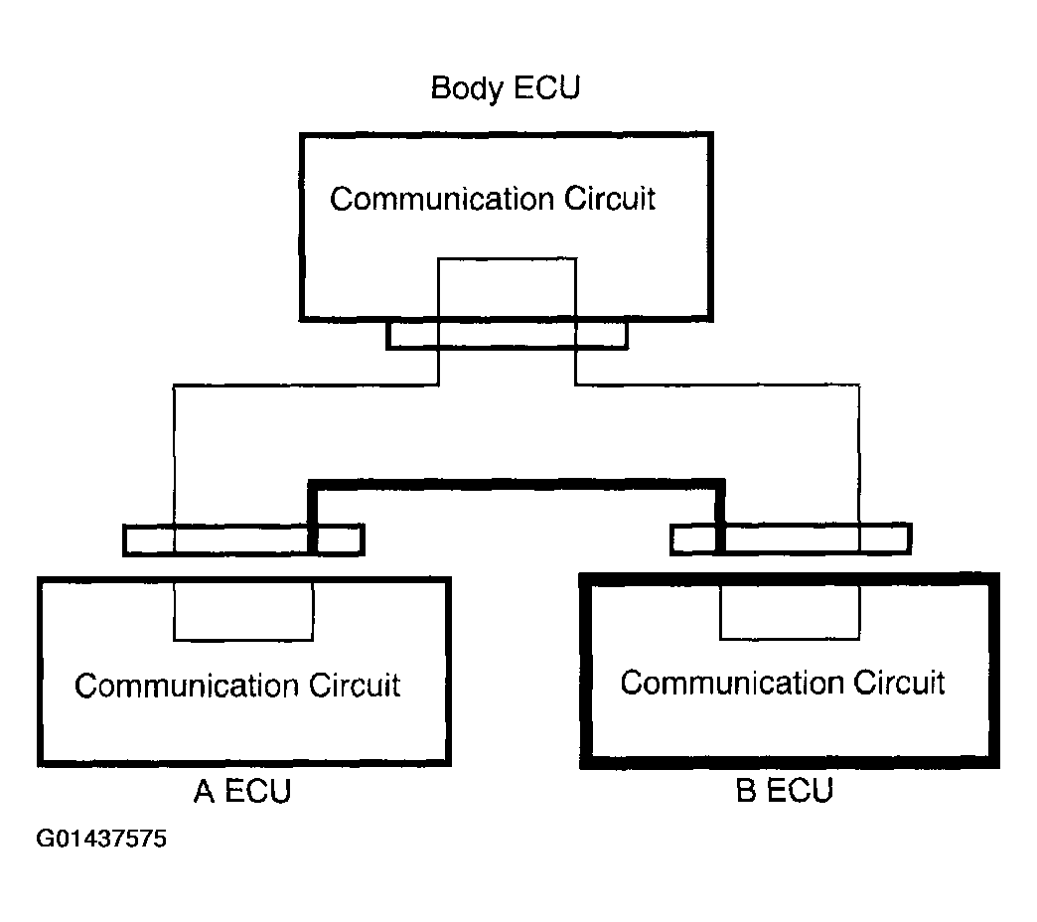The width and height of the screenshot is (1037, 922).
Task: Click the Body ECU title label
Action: pos(506,88)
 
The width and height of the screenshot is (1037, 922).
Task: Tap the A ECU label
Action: pos(242,791)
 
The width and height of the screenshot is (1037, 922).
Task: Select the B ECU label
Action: pos(785,791)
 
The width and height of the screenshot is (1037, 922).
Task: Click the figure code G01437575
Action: pos(101,839)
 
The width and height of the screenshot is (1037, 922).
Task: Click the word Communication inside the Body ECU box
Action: pos(442,199)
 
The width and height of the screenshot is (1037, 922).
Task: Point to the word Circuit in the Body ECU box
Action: pos(610,199)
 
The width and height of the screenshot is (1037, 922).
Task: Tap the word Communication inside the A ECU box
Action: pos(187,686)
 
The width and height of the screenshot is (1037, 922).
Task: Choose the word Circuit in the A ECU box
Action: pos(356,686)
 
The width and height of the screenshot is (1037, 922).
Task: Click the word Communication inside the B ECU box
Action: pos(732,683)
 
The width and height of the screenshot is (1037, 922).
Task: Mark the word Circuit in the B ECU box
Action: pos(900,683)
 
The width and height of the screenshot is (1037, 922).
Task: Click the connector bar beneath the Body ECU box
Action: pos(507,336)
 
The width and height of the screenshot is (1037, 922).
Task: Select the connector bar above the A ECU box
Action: pos(243,539)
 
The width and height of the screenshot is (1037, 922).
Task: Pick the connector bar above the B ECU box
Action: pos(791,539)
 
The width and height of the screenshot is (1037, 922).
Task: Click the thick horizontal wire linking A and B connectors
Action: pos(516,485)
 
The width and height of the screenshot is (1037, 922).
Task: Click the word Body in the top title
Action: pos(466,89)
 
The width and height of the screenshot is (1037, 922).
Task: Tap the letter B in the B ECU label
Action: pos(746,791)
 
